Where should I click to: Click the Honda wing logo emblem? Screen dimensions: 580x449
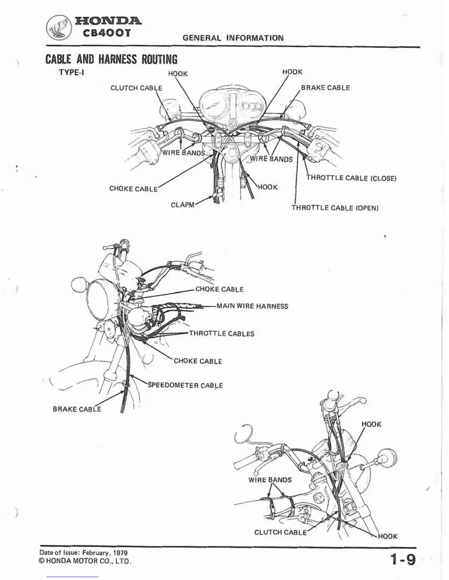[59, 27]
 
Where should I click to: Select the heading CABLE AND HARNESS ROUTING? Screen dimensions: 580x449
[111, 59]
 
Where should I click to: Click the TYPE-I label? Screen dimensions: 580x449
[72, 72]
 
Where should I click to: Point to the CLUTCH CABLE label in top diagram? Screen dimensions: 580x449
[136, 88]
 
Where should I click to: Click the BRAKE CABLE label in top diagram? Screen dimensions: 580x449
[325, 88]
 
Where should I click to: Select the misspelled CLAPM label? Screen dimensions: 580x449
[183, 205]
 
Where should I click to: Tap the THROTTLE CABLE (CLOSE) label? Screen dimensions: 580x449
[351, 178]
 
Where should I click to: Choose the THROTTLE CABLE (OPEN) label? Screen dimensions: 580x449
[335, 208]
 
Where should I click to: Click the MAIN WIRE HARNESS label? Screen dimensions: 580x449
[252, 306]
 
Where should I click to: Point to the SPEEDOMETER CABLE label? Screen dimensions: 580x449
[185, 385]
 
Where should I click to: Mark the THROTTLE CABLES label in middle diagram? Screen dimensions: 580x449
[222, 334]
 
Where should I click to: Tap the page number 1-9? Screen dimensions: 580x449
[403, 559]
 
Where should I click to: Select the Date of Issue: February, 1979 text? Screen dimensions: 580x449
[83, 553]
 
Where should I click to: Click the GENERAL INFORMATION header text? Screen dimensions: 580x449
[233, 38]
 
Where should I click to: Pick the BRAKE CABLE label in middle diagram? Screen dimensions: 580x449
[77, 409]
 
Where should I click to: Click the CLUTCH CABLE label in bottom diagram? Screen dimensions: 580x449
[280, 532]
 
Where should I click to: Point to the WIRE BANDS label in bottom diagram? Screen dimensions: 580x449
[270, 480]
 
